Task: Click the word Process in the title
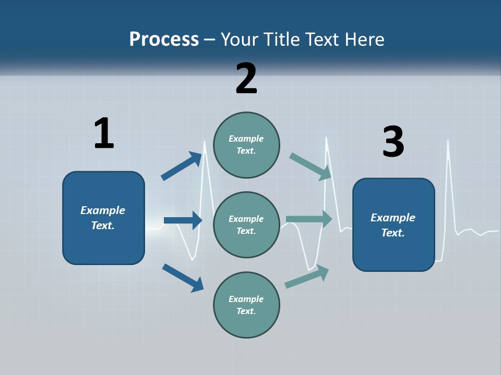(164, 40)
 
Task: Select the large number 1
(104, 133)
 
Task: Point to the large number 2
(246, 79)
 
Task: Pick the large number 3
(393, 142)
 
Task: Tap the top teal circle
(246, 144)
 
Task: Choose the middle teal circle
(246, 224)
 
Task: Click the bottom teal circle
(246, 305)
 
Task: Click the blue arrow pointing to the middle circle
(183, 220)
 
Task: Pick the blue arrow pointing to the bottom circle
(183, 278)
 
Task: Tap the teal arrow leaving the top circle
(311, 166)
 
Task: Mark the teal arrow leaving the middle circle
(309, 219)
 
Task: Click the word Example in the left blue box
(103, 210)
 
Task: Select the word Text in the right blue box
(392, 233)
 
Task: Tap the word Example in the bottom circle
(246, 299)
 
